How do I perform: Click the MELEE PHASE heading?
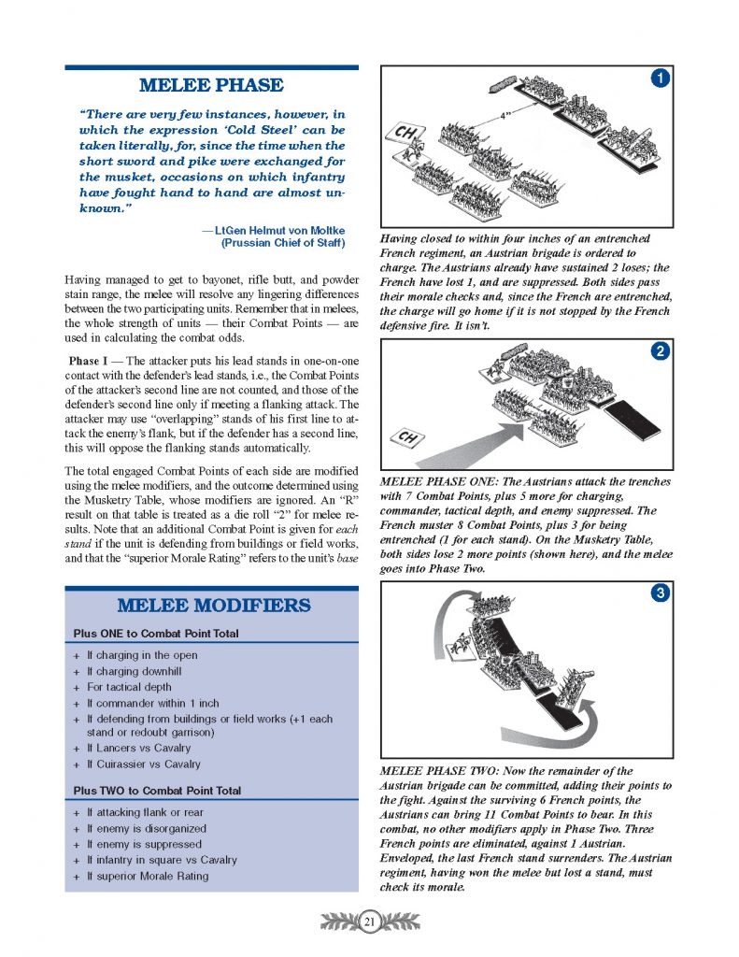211,86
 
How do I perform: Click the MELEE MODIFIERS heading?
211,606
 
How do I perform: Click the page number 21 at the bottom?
369,923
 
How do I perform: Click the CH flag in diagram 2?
408,436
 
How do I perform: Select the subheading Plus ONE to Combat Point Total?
156,634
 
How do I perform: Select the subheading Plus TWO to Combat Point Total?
157,791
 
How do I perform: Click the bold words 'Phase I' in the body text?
90,361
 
